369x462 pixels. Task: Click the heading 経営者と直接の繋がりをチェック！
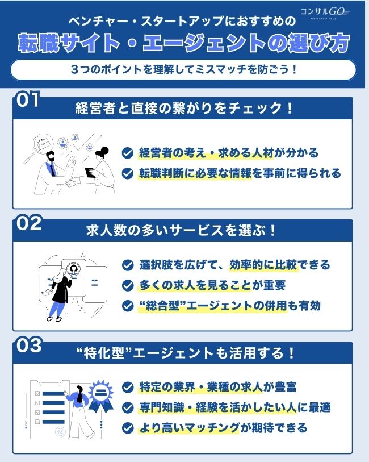(184, 109)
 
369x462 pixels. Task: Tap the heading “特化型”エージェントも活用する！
(184, 353)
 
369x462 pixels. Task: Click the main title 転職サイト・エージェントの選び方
(184, 43)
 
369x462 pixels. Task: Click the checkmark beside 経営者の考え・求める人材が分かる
(128, 153)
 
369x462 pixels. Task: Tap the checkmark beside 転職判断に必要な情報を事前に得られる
(128, 173)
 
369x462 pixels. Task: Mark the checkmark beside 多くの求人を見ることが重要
(128, 285)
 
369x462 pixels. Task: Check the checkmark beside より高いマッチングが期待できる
(128, 428)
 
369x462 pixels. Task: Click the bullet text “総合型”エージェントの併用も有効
(230, 306)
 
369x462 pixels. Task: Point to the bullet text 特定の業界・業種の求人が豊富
(217, 388)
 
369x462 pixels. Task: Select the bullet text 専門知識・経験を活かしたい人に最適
(234, 407)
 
